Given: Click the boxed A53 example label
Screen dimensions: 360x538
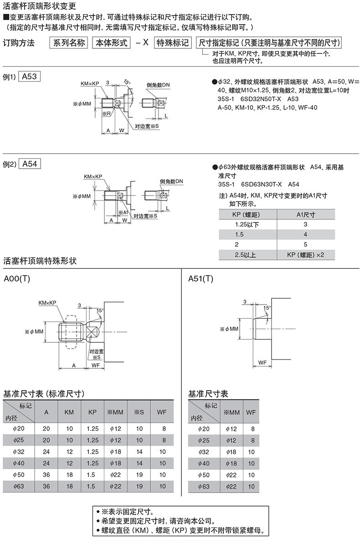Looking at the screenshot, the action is [29, 76].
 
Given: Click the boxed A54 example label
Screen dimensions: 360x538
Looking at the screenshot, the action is [30, 164].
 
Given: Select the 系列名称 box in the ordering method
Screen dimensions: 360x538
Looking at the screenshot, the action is [69, 42].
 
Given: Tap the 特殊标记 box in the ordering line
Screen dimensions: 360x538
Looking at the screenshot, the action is [172, 42].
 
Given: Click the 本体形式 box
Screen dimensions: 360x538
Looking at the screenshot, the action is [112, 42].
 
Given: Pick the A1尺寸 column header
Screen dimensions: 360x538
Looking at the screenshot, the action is [305, 214].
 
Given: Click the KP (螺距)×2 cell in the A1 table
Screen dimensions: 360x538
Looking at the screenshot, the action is [305, 254].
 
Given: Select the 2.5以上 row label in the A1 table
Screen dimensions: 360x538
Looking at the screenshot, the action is [245, 254].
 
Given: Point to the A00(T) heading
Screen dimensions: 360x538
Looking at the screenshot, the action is [17, 279].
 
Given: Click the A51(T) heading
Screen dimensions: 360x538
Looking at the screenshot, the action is [201, 279].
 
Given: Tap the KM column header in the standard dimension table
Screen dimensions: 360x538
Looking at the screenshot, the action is [69, 412].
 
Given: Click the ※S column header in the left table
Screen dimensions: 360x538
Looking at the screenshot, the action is [139, 412].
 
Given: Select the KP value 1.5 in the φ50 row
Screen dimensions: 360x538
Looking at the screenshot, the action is [93, 475].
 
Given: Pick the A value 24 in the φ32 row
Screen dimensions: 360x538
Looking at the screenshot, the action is [46, 452].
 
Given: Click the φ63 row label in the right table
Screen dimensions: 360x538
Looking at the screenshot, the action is [204, 486].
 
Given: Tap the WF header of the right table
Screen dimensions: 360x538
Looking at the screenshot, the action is [251, 412].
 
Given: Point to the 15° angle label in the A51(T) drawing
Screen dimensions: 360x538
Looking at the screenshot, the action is [267, 308].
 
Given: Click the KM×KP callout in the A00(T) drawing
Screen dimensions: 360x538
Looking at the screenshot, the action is [47, 303].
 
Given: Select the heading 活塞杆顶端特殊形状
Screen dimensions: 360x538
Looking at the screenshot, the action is [40, 261].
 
